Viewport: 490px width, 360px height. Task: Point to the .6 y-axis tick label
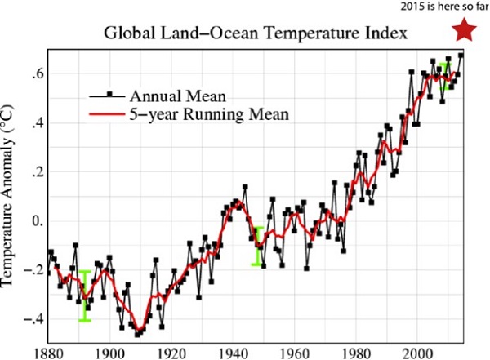click(x=36, y=74)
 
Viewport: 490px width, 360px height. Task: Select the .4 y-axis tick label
click(x=36, y=123)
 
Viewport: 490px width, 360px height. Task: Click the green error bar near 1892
click(x=84, y=296)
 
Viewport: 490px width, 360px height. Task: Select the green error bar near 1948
click(x=257, y=246)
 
